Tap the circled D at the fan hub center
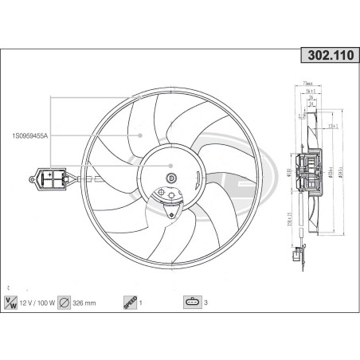[171, 177]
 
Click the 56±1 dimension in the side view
[311, 92]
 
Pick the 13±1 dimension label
[335, 126]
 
